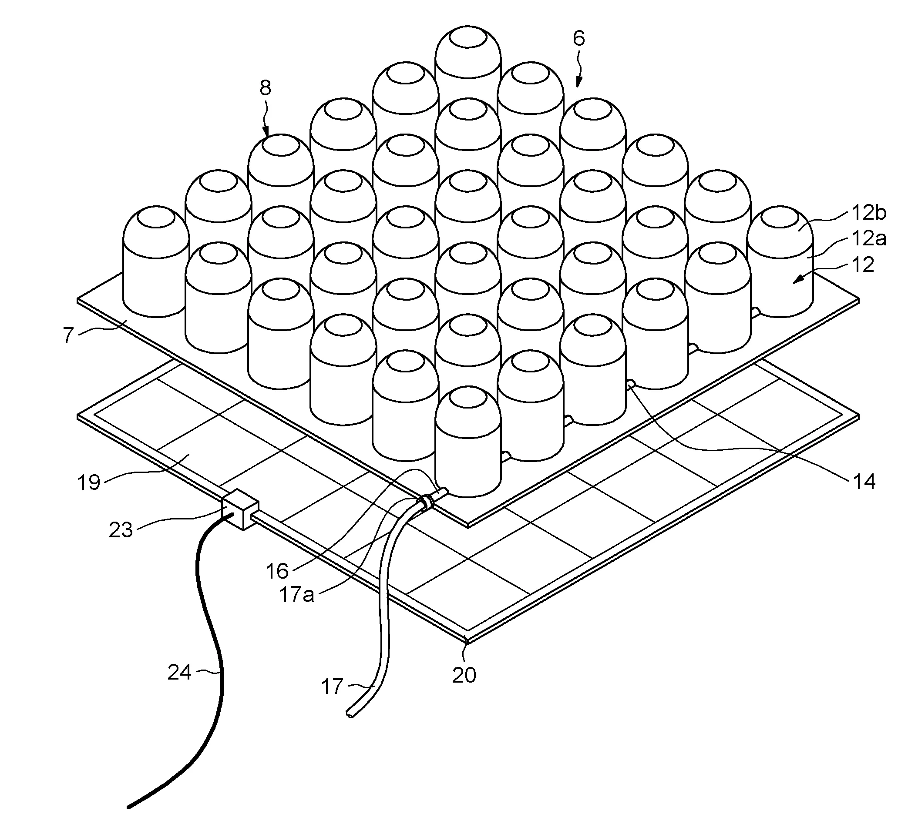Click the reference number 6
[x=579, y=38]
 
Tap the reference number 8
[x=266, y=88]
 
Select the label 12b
[x=869, y=213]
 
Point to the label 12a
[x=869, y=238]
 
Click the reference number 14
[x=864, y=482]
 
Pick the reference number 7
[x=68, y=335]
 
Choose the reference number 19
[x=89, y=482]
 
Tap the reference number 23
[x=121, y=530]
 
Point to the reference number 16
[x=277, y=571]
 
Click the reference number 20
[x=464, y=675]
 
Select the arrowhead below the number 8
[x=266, y=131]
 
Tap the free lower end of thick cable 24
[x=129, y=807]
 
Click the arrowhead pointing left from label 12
[x=799, y=280]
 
